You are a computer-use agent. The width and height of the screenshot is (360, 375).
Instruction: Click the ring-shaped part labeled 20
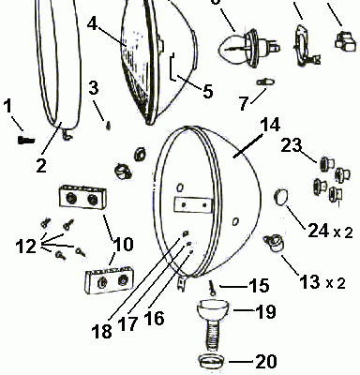pos(212,361)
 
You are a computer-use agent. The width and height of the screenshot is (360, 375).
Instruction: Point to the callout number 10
pos(122,247)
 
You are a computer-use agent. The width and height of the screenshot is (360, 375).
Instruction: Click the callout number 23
pos(291,145)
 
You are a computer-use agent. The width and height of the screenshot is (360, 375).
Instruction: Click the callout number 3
pos(94,89)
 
